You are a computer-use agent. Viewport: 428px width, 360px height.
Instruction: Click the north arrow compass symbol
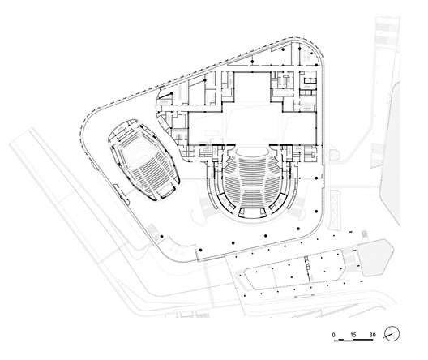(392, 333)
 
